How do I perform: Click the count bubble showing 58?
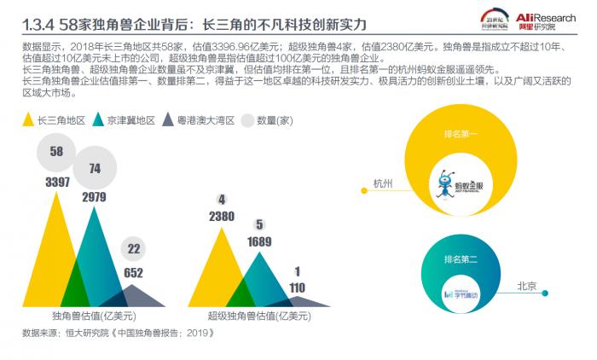coord(57,152)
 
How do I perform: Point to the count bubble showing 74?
coord(94,168)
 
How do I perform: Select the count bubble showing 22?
coord(134,249)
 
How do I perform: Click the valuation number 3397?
coord(58,182)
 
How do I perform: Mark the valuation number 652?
coord(134,273)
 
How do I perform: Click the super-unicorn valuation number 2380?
coord(222,216)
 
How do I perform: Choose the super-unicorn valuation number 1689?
coord(259,241)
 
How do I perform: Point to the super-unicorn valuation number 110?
coord(297,287)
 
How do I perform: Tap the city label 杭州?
coord(382,183)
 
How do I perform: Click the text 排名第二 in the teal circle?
coord(460,258)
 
